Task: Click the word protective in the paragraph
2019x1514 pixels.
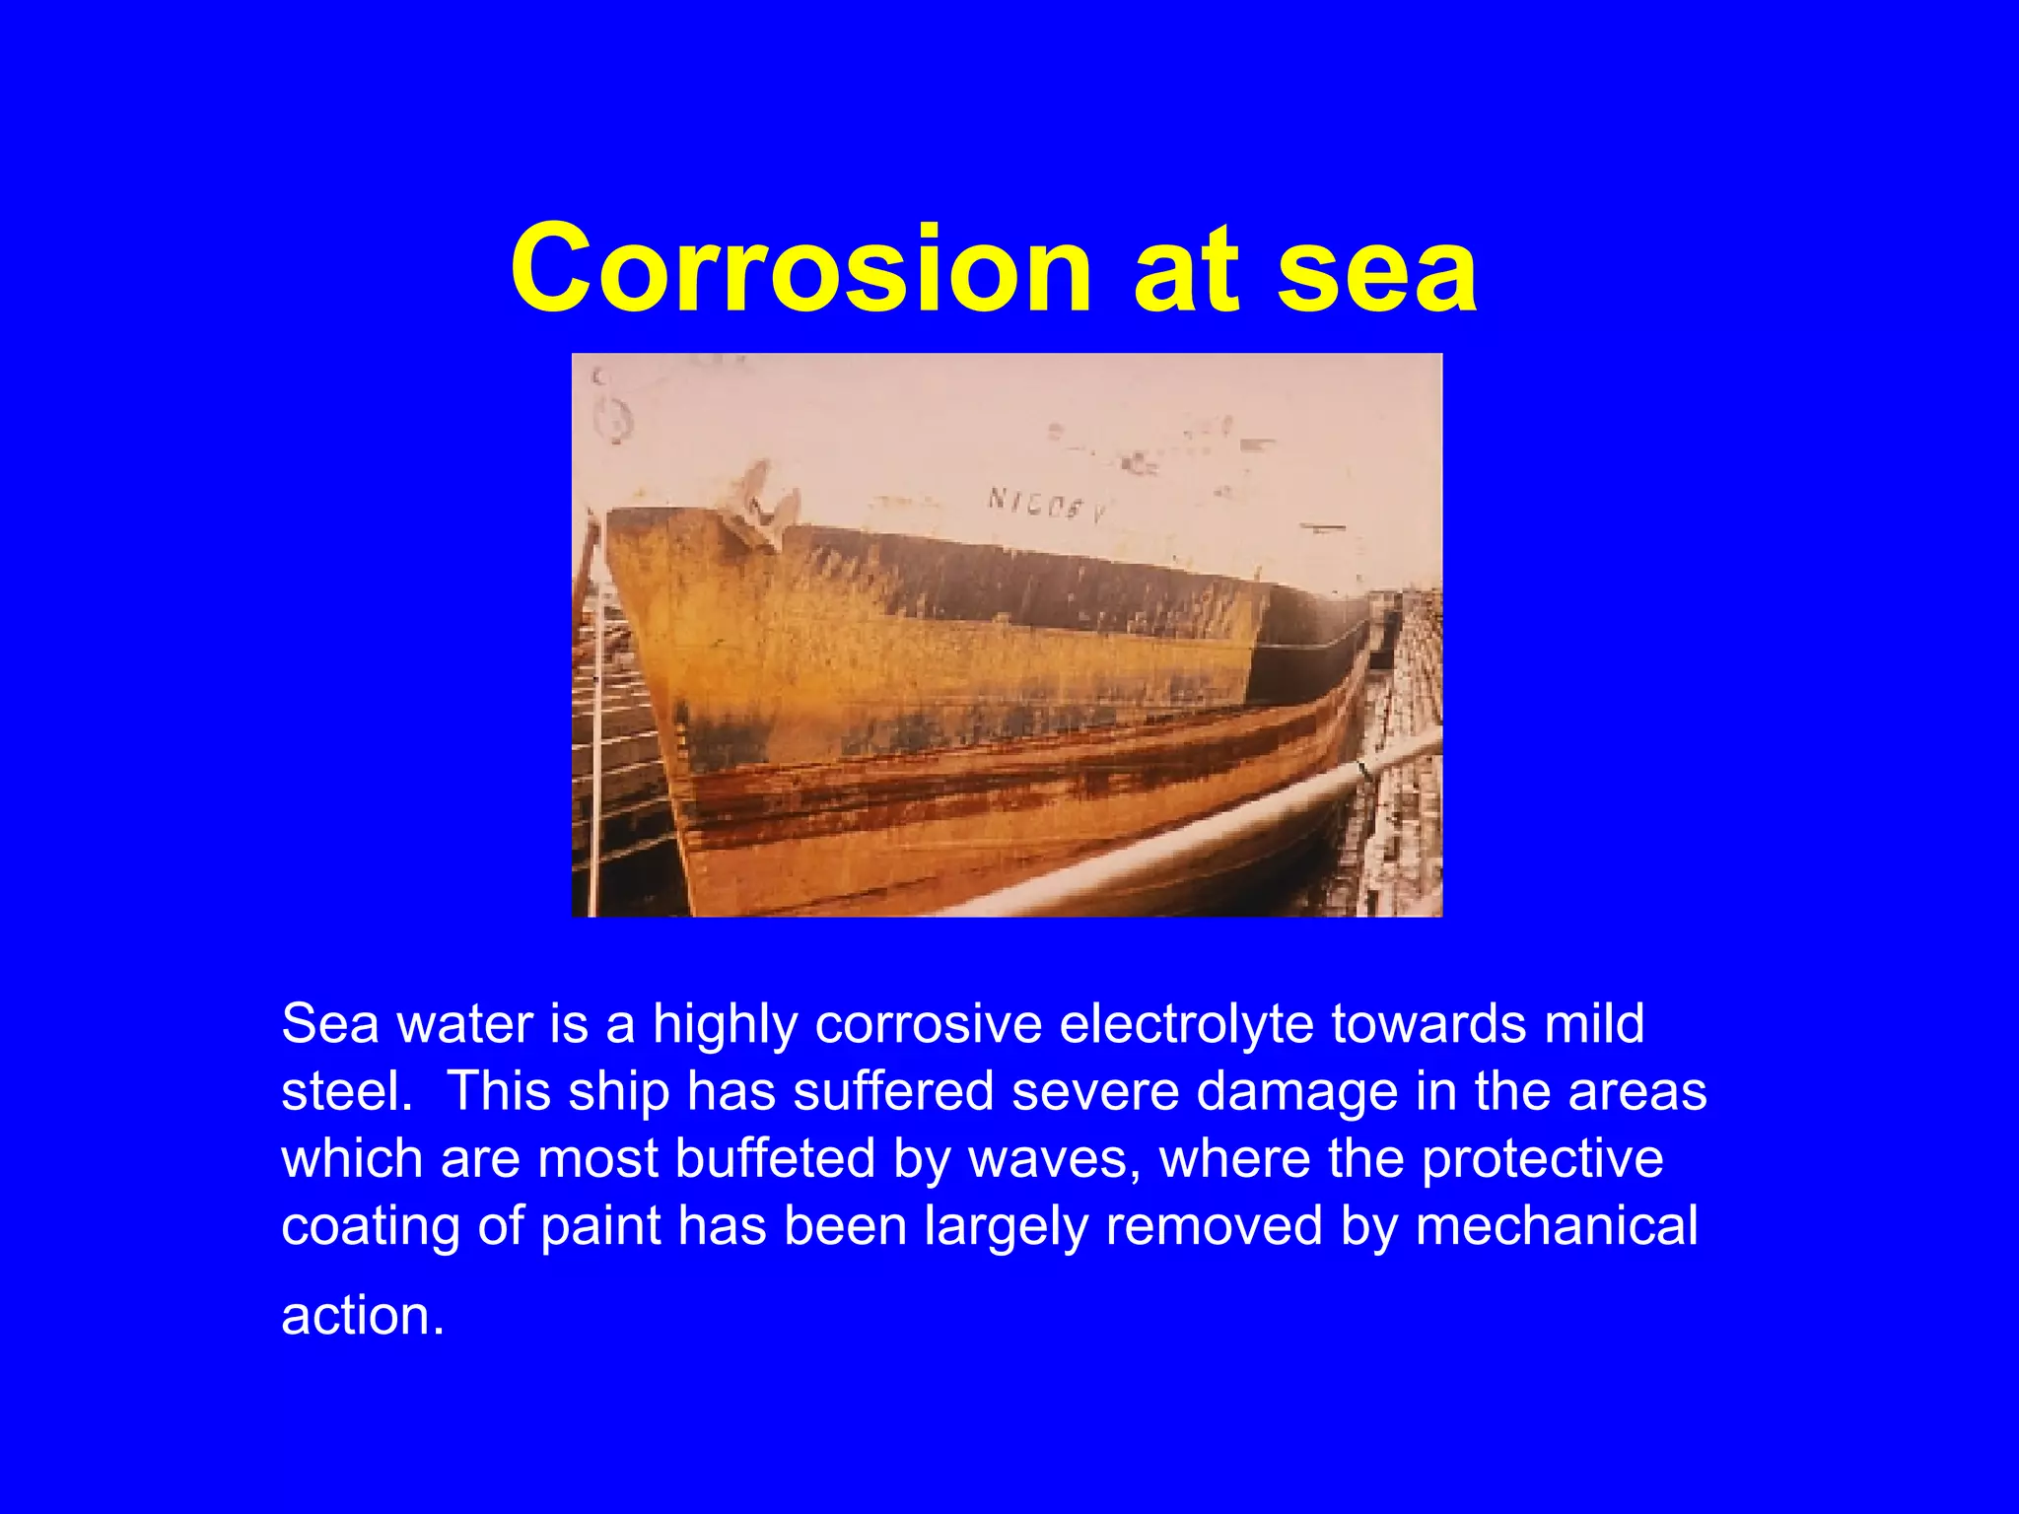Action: click(1542, 1158)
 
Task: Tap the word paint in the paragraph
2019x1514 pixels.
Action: click(600, 1227)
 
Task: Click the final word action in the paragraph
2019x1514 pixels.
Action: click(362, 1316)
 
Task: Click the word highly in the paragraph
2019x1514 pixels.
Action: click(725, 1024)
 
